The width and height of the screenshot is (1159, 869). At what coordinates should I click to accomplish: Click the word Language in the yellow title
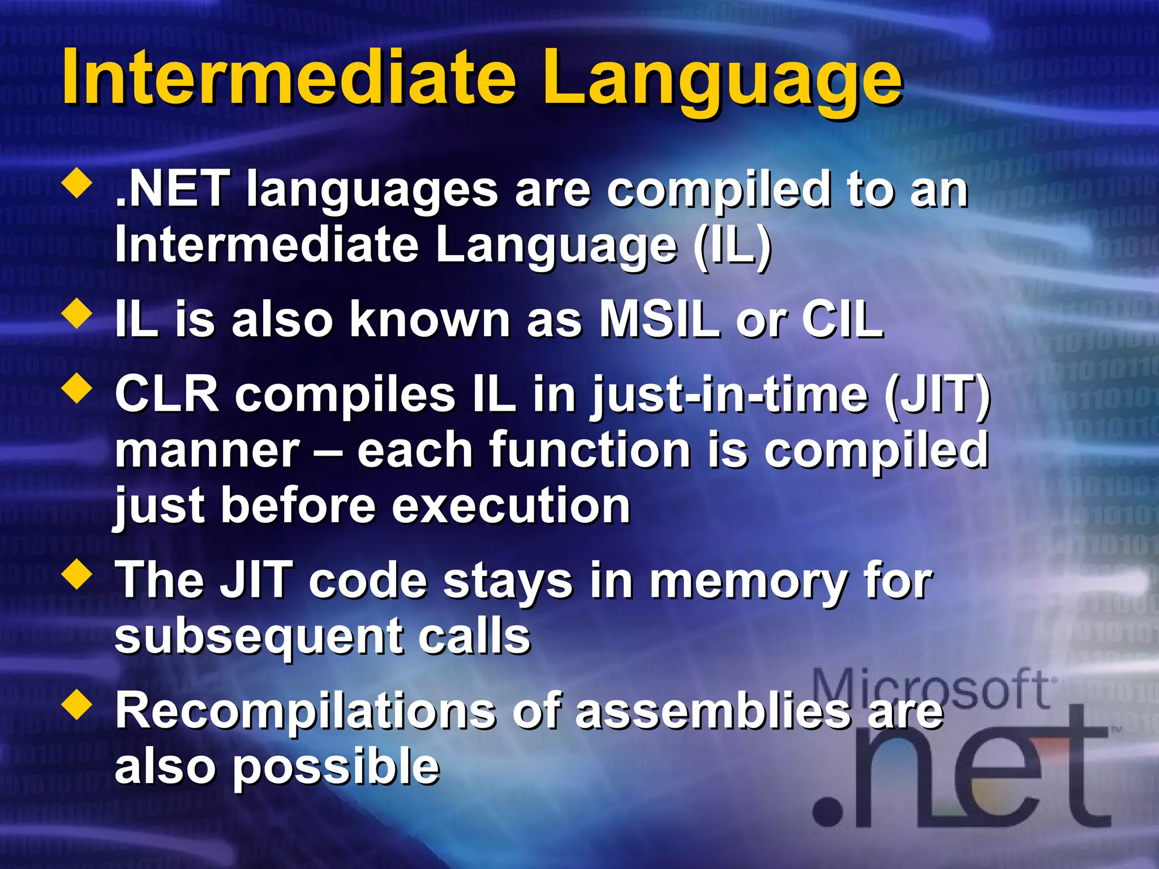722,79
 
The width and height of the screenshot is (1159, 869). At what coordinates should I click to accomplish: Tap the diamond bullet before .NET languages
78,184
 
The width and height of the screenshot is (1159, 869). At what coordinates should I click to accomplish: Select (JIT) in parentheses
937,394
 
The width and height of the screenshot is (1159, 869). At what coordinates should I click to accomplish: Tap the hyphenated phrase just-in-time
730,396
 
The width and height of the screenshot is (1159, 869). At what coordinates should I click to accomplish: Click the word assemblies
713,712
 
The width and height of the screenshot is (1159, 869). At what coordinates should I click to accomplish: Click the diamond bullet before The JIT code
78,575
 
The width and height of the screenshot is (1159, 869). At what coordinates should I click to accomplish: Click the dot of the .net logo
828,813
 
